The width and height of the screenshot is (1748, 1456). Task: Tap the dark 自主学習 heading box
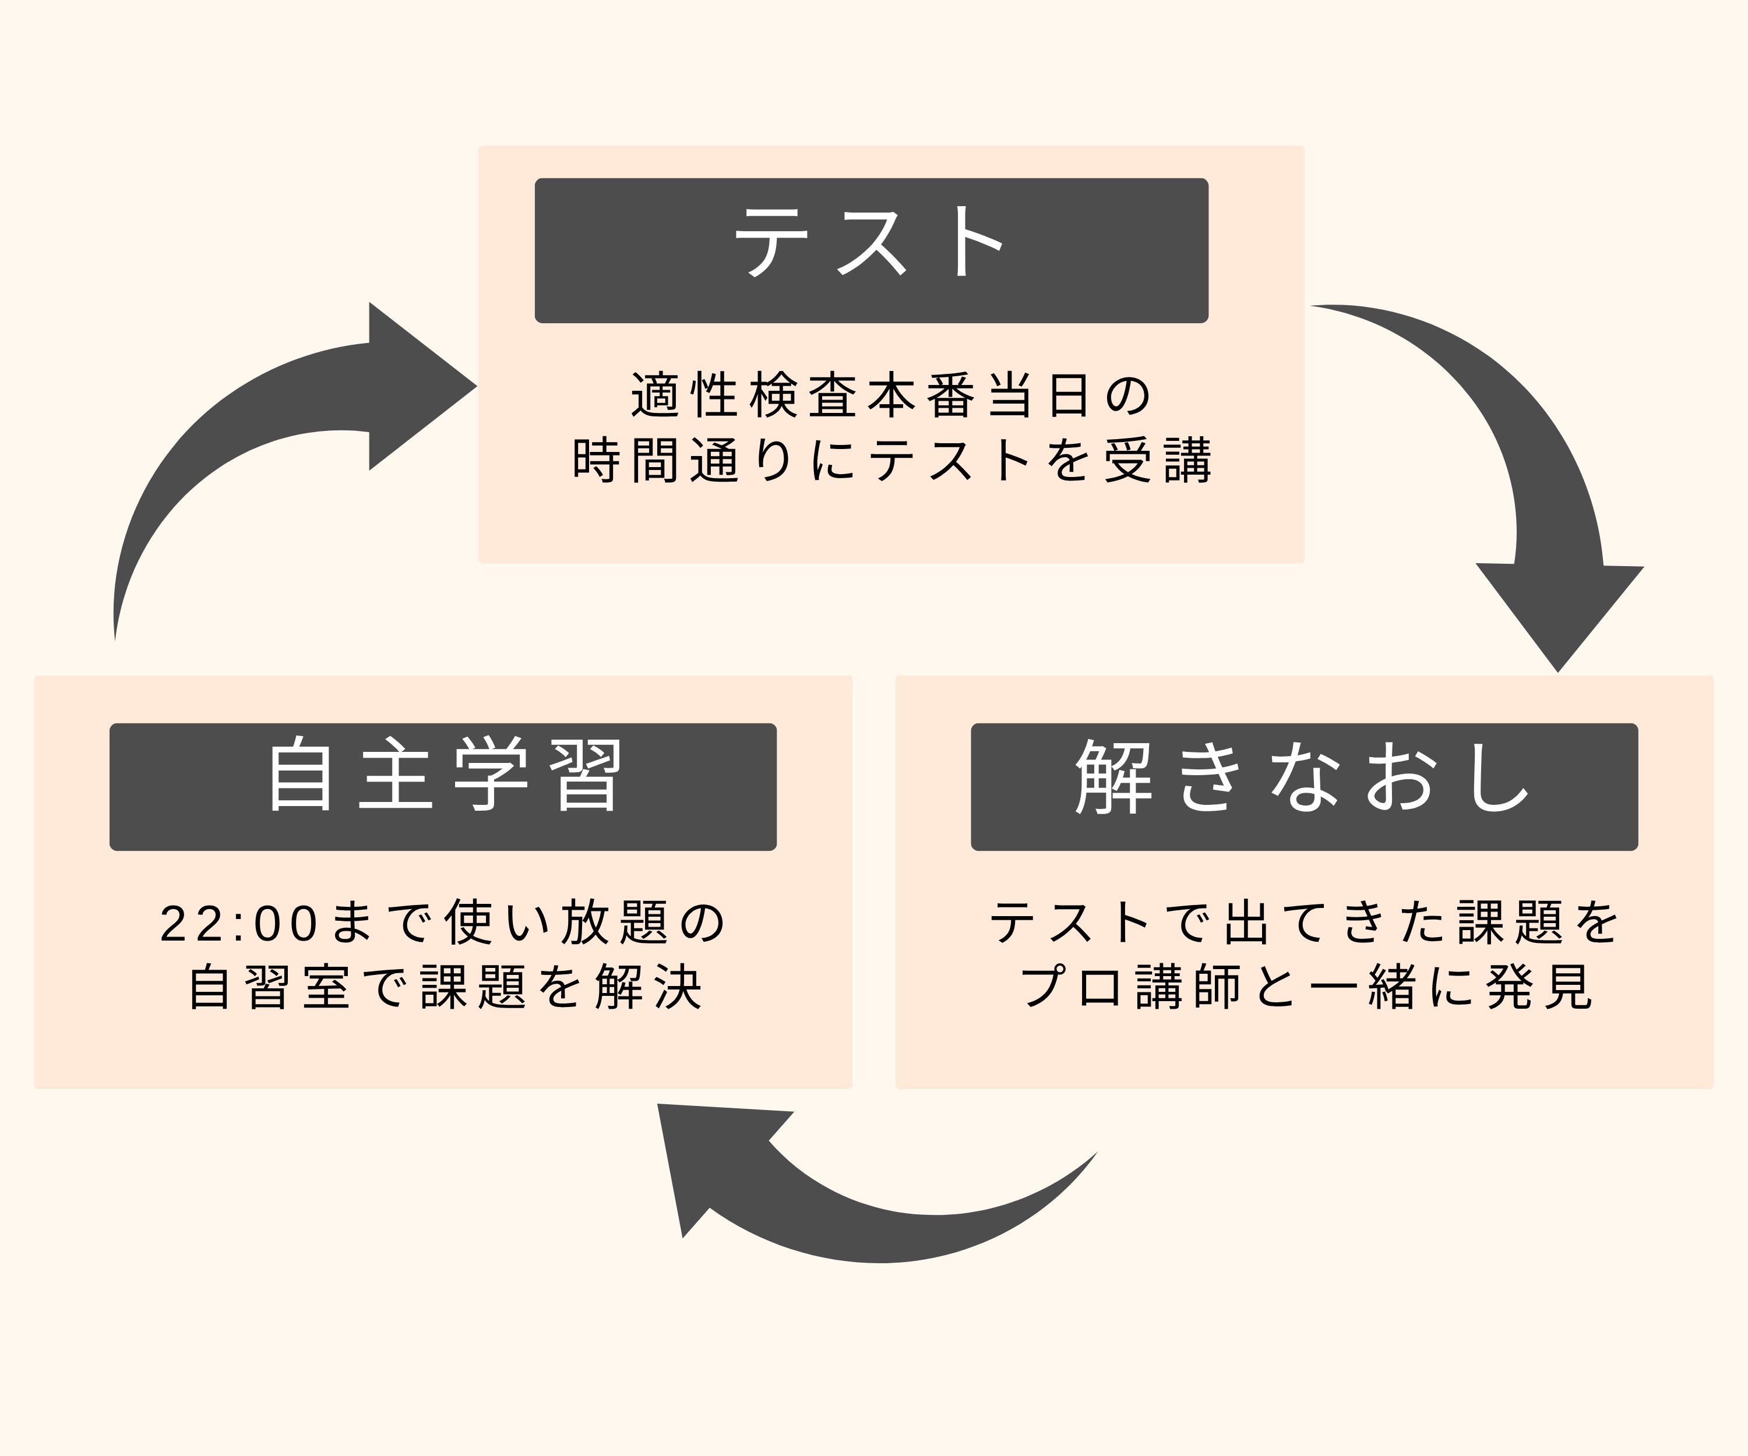click(443, 786)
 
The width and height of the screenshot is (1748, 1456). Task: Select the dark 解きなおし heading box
click(1305, 786)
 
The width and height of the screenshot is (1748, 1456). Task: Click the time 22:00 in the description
click(239, 924)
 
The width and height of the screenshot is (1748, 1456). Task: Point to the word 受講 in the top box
click(1158, 460)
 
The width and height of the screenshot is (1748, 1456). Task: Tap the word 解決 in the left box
click(649, 988)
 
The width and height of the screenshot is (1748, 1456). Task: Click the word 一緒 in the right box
click(1363, 988)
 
